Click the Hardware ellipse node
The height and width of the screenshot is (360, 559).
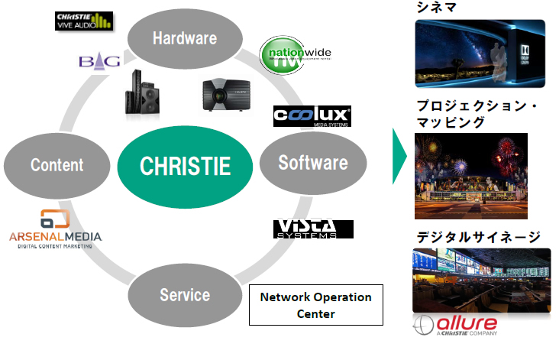click(x=184, y=37)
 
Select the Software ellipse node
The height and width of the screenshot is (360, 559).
click(x=312, y=162)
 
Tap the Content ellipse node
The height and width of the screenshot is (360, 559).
click(x=57, y=164)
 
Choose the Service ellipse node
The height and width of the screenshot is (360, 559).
click(x=184, y=294)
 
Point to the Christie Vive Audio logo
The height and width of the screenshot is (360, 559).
click(x=84, y=21)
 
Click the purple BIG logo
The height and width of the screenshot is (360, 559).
click(x=99, y=61)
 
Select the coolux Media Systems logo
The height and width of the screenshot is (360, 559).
click(x=312, y=115)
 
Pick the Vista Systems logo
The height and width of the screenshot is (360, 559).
click(x=313, y=229)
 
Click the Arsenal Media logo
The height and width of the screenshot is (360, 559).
click(x=55, y=229)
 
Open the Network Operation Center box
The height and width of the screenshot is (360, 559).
click(x=315, y=304)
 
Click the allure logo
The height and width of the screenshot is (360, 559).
click(x=456, y=325)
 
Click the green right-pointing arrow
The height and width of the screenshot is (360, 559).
click(x=398, y=156)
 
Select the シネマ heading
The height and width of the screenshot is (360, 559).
click(x=437, y=7)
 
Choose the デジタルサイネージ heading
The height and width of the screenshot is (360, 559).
click(x=478, y=237)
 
